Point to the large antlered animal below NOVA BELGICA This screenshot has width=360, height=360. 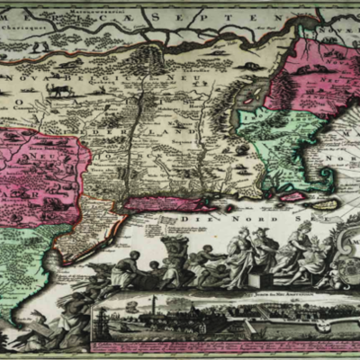[58, 91]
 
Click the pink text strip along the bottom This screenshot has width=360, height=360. [225, 346]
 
